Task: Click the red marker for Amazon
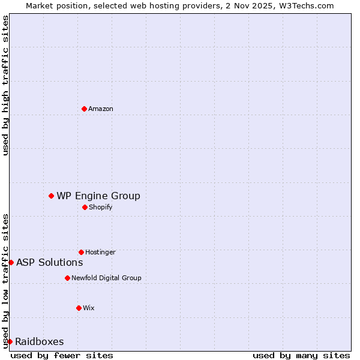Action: [84, 109]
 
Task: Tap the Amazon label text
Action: [101, 109]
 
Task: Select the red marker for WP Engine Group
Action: [51, 196]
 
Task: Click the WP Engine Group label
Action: [98, 196]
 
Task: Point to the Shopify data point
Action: [85, 207]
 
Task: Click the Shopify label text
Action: [100, 207]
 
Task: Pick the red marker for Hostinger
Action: [81, 252]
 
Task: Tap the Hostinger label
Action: [100, 252]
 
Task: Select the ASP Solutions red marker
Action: [11, 262]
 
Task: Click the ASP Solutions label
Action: [50, 262]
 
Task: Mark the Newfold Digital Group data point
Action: [67, 278]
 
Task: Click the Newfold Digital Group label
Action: [106, 278]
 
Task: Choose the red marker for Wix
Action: [79, 308]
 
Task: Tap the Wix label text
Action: [89, 308]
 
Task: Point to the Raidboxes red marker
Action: [10, 341]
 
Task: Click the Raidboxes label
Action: [40, 341]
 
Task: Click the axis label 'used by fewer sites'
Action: [62, 355]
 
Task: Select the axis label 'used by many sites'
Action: [301, 355]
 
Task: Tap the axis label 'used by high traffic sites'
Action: [5, 85]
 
